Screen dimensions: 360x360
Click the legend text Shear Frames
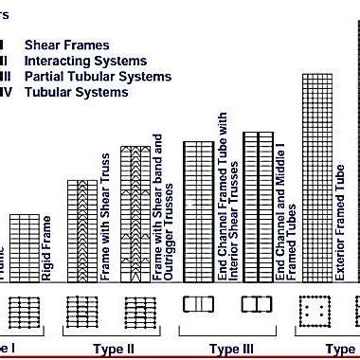[x=66, y=45]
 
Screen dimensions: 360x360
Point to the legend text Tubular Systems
[x=76, y=93]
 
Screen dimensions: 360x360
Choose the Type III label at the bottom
[x=231, y=349]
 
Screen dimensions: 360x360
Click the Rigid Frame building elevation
[x=26, y=247]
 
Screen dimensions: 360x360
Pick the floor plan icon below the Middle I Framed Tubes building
[x=257, y=305]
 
